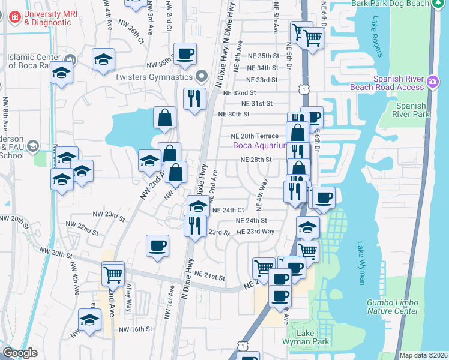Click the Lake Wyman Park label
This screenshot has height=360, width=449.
(309, 337)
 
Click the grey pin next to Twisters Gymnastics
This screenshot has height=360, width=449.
(202, 77)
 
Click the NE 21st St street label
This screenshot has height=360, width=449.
(209, 277)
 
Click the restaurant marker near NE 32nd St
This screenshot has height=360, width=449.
(194, 99)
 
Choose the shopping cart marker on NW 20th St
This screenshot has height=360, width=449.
(113, 274)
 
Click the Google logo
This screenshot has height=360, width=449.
(20, 353)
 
